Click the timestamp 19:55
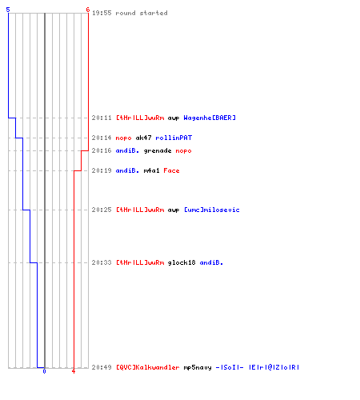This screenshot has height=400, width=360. pyautogui.click(x=102, y=13)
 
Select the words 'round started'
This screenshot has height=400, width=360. pyautogui.click(x=142, y=13)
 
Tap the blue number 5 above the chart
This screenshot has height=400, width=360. pyautogui.click(x=8, y=10)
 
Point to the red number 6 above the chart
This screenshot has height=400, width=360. pyautogui.click(x=88, y=10)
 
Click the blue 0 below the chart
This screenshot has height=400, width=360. pyautogui.click(x=44, y=371)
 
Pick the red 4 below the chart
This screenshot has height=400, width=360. pyautogui.click(x=74, y=371)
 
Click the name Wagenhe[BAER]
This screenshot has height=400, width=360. pyautogui.click(x=210, y=118)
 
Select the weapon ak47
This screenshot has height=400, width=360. pyautogui.click(x=143, y=138)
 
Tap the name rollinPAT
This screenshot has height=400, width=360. pyautogui.click(x=174, y=138)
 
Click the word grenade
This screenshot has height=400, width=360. pyautogui.click(x=158, y=150)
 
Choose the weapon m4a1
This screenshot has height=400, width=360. pyautogui.click(x=151, y=170)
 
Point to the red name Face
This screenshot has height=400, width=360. pyautogui.click(x=171, y=170)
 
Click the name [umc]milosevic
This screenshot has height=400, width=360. pyautogui.click(x=212, y=210)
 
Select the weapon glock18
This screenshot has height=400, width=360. pyautogui.click(x=182, y=262)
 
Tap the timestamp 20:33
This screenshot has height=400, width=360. pyautogui.click(x=102, y=262)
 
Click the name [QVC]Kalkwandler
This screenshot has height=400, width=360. pyautogui.click(x=147, y=367)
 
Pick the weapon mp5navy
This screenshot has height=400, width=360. pyautogui.click(x=198, y=367)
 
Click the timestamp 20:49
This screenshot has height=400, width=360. pyautogui.click(x=102, y=367)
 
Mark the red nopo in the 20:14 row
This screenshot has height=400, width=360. pyautogui.click(x=123, y=138)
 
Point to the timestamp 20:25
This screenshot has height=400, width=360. pyautogui.click(x=102, y=210)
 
